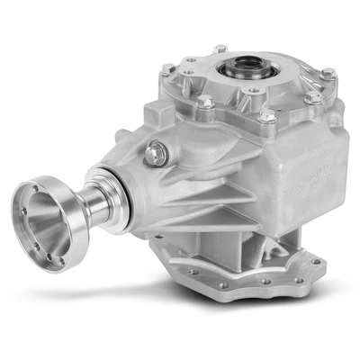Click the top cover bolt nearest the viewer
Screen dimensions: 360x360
[x=267, y=115]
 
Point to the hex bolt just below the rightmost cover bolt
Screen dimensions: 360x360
[x=312, y=96]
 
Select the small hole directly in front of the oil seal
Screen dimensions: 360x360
[x=255, y=90]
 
